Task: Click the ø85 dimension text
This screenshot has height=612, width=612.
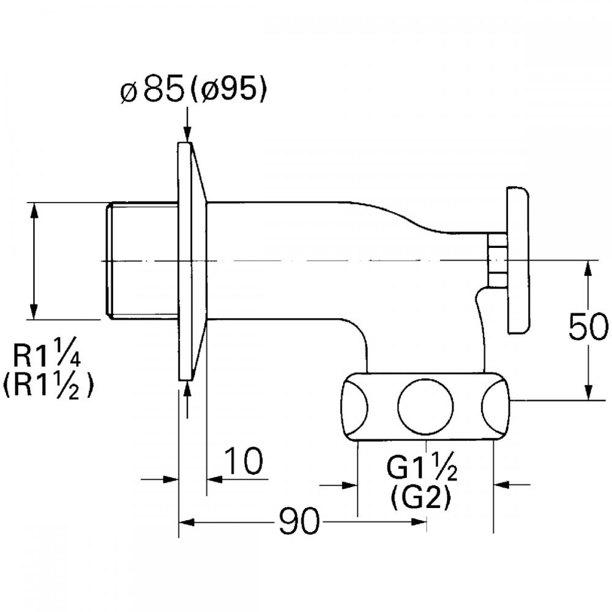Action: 152,91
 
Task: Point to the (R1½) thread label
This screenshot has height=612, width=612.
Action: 48,385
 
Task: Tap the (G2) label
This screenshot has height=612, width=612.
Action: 420,497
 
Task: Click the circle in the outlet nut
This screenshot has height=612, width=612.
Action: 425,406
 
